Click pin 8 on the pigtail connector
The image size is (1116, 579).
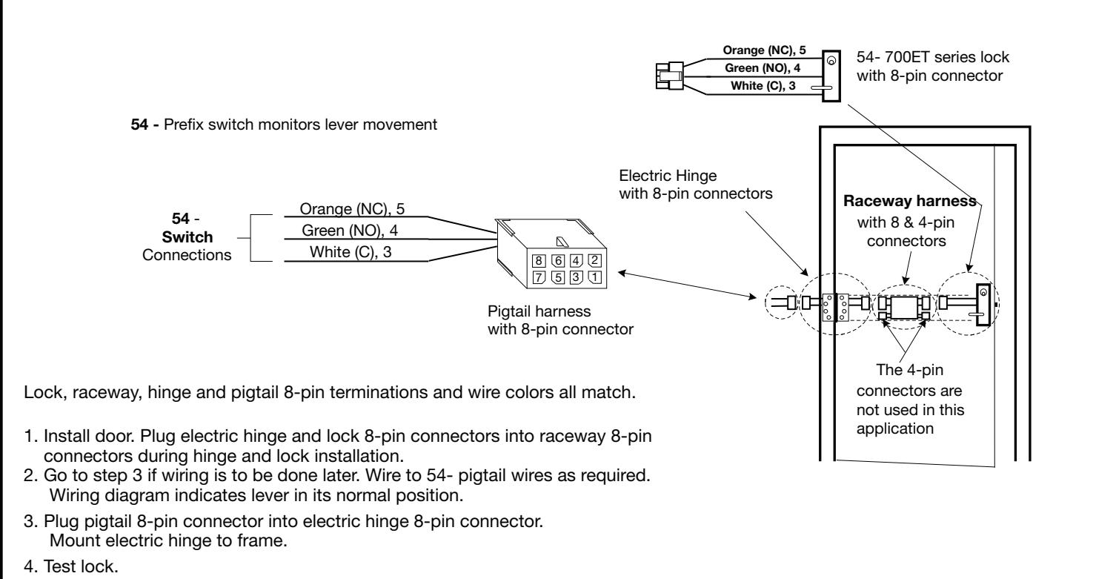pos(539,261)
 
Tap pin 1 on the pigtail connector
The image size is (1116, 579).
pos(594,277)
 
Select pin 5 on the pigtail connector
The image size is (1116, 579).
pos(558,277)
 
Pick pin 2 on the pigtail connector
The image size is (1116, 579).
pos(594,260)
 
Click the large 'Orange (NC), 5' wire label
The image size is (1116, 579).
pos(352,209)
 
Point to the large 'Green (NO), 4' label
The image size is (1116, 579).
pos(350,231)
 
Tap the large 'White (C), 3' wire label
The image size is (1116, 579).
pos(351,252)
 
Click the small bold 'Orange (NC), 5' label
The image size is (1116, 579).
pos(764,50)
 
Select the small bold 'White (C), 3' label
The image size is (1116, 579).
pos(763,86)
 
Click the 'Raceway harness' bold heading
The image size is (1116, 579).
pos(910,201)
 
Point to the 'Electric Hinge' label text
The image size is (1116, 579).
pos(668,176)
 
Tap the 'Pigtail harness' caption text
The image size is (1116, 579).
pos(539,311)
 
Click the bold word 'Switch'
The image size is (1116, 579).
pos(187,236)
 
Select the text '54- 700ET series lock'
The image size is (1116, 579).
pos(933,57)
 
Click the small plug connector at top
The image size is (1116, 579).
pos(670,76)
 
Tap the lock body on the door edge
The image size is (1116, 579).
pos(983,304)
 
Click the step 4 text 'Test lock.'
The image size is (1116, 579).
pos(81,566)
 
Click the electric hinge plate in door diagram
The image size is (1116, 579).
pos(835,307)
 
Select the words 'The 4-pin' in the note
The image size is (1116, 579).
pos(910,370)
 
